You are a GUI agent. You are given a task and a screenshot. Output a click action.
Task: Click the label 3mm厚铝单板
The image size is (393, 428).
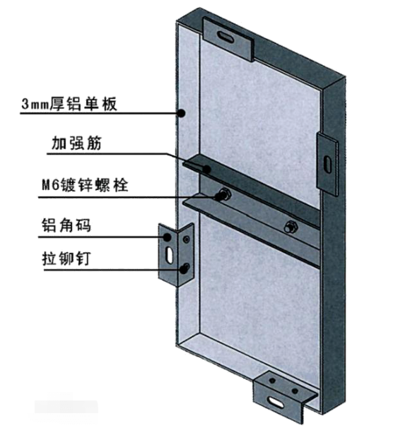pyautogui.click(x=69, y=103)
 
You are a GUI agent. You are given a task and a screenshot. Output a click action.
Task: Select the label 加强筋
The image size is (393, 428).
pyautogui.click(x=76, y=143)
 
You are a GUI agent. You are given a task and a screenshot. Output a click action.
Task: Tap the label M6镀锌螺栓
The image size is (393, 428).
pyautogui.click(x=85, y=185)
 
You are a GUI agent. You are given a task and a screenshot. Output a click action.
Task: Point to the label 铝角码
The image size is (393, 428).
pyautogui.click(x=66, y=225)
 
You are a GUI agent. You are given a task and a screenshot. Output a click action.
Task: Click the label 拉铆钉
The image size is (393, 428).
pyautogui.click(x=66, y=258)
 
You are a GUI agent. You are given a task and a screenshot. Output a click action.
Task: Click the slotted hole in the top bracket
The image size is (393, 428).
pyautogui.click(x=226, y=37)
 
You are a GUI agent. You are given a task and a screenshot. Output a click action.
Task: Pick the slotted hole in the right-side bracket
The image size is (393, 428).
pyautogui.click(x=327, y=164)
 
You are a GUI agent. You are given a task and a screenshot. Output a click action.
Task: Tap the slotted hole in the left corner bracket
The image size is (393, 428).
pyautogui.click(x=170, y=256)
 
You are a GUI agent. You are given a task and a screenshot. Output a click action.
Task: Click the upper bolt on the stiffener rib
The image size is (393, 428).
pyautogui.click(x=224, y=194)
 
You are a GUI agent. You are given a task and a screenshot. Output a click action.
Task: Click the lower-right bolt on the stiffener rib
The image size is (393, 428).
pyautogui.click(x=291, y=227)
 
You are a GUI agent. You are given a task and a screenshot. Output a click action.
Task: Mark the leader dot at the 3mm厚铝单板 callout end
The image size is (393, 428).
pyautogui.click(x=181, y=113)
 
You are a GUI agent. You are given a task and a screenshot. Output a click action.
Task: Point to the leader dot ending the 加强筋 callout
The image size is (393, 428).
pyautogui.click(x=207, y=170)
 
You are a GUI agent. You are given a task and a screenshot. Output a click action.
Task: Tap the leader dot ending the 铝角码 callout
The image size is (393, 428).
pyautogui.click(x=167, y=237)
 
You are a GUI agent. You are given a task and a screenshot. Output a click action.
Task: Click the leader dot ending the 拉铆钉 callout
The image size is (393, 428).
pyautogui.click(x=183, y=270)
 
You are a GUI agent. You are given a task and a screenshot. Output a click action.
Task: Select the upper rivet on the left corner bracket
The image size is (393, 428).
pyautogui.click(x=187, y=239)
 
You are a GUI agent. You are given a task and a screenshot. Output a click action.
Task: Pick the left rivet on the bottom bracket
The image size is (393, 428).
pyautogui.click(x=272, y=380)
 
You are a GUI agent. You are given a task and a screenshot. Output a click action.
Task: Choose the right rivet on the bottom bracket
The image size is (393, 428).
pyautogui.click(x=295, y=391)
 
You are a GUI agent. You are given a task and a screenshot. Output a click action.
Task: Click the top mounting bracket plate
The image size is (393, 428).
pyautogui.click(x=228, y=39)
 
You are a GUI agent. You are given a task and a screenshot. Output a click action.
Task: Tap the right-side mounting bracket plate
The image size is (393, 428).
pyautogui.click(x=327, y=164)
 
